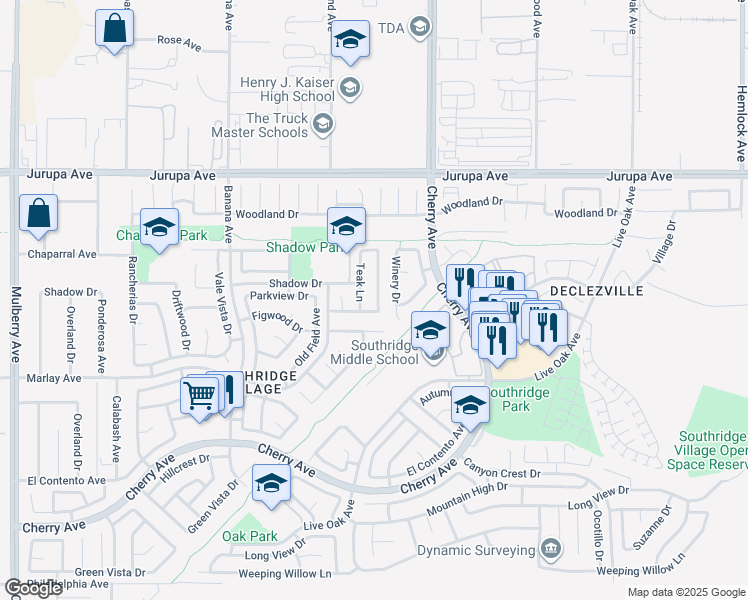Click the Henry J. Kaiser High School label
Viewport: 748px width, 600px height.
click(x=286, y=89)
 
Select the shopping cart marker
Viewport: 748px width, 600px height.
click(x=200, y=396)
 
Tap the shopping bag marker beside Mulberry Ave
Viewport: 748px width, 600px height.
click(x=38, y=214)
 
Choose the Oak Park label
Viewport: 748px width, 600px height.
click(x=250, y=536)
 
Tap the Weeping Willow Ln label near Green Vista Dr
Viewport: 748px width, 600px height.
click(x=284, y=574)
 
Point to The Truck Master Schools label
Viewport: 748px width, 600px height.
click(x=262, y=125)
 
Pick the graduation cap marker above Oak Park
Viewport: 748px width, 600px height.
click(x=270, y=484)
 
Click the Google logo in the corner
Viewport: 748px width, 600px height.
click(x=33, y=588)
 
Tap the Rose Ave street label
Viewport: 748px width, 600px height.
click(x=181, y=41)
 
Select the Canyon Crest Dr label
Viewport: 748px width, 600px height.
click(x=501, y=473)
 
